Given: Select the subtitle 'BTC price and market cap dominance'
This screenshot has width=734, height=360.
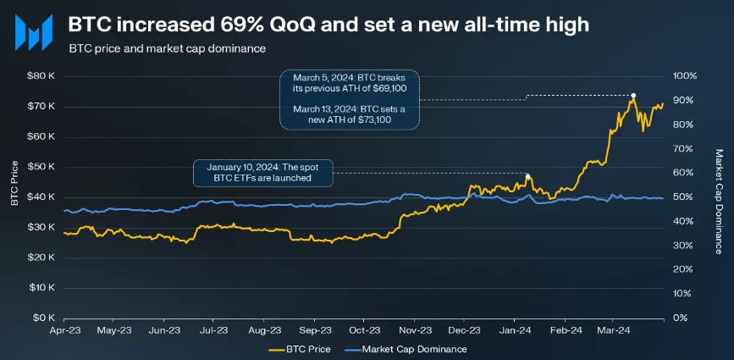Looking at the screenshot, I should click(x=168, y=48).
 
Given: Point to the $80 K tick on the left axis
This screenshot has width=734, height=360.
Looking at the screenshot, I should click(x=41, y=76).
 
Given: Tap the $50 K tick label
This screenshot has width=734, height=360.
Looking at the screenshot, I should click(x=41, y=167).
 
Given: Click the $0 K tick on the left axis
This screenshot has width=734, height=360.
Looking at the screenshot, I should click(x=44, y=318).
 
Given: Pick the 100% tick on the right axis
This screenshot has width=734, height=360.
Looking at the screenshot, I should click(x=684, y=76).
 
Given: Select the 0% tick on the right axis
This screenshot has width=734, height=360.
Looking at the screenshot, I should click(x=680, y=318).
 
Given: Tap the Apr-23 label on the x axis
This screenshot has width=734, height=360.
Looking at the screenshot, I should click(x=65, y=330).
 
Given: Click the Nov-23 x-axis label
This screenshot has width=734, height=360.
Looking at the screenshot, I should click(x=416, y=330).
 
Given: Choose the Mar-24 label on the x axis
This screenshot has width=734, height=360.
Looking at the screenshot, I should click(x=615, y=330).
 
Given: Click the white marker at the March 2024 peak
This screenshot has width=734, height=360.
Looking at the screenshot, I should click(x=633, y=95).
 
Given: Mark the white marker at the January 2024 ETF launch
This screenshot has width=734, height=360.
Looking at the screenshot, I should click(x=528, y=176).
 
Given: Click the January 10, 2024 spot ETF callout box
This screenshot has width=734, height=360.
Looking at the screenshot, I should click(x=263, y=172).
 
